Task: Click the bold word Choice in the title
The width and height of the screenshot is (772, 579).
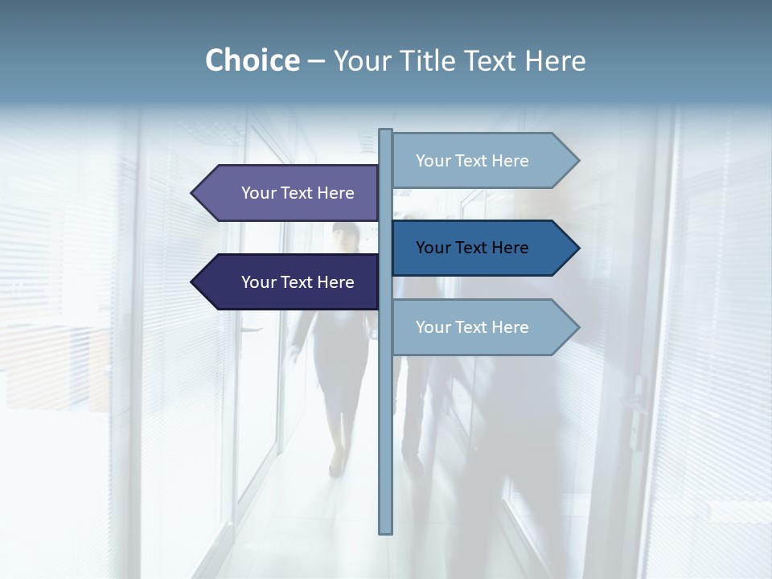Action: pos(252,60)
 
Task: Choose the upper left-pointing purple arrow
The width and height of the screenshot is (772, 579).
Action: pos(289,193)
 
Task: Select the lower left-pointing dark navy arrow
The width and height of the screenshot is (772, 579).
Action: pos(289,282)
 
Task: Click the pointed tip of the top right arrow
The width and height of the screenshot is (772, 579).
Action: pos(577,161)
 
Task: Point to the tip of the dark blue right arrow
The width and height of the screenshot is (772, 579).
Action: pos(577,248)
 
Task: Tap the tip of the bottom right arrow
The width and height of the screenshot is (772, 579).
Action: pos(577,327)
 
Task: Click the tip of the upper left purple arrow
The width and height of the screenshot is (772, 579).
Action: pos(193,193)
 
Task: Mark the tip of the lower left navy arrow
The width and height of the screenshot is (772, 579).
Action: pos(193,282)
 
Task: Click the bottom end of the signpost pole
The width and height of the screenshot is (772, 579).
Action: pos(386,531)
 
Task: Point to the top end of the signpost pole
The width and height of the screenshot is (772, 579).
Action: pos(386,131)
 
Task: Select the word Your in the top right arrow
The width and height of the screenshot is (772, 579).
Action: pos(433,161)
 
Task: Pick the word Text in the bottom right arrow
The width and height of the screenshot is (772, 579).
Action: pos(472,327)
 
